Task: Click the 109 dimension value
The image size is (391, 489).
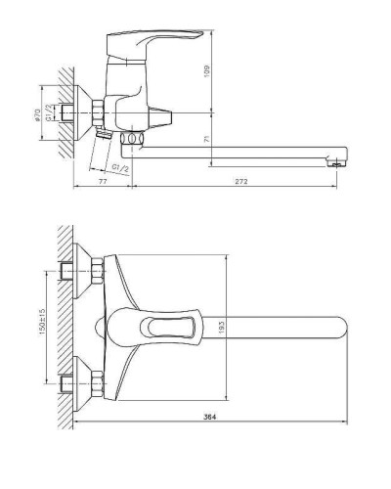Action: point(207,71)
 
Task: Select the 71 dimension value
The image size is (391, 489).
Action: point(207,139)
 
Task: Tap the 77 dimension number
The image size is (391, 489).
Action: point(103,182)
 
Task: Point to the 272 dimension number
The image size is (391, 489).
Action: point(241,182)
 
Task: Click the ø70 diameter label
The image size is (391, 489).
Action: point(37,115)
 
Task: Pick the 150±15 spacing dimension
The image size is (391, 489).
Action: point(42,322)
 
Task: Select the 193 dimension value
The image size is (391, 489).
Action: point(221,327)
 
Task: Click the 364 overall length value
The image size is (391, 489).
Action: point(210,417)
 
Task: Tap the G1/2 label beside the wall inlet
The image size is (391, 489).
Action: point(49,112)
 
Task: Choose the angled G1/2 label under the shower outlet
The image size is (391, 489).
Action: point(120,168)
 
